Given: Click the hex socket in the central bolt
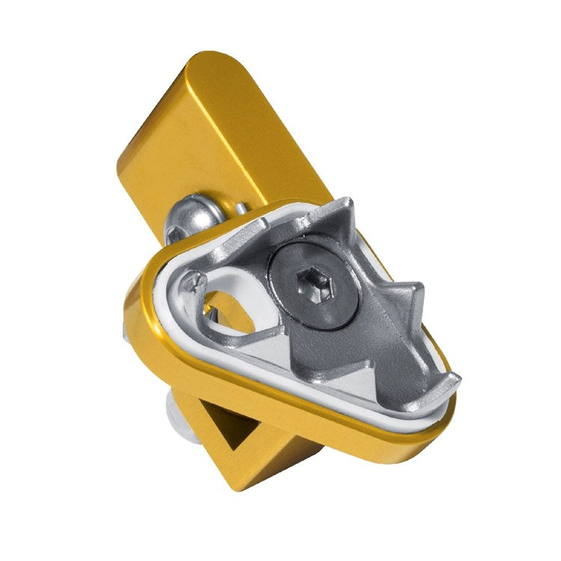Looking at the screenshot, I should tap(310, 283).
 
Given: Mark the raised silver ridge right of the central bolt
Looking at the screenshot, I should tap(374, 299).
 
